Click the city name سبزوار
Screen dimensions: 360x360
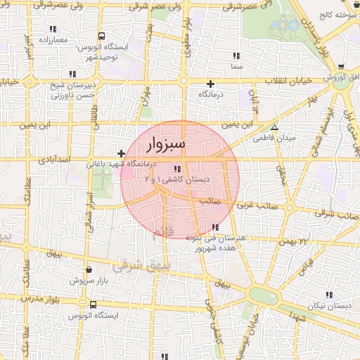point(167,146)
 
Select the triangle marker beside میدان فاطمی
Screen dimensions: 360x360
point(275,128)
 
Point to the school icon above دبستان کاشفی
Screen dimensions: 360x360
point(176,169)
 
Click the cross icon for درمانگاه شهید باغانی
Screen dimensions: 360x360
point(122,153)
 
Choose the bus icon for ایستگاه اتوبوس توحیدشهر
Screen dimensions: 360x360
point(102,36)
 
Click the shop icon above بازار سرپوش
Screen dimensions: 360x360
point(87,269)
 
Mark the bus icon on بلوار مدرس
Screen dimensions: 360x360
point(93,304)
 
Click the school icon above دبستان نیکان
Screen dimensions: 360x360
point(328,294)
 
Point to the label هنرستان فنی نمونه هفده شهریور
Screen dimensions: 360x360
point(213,244)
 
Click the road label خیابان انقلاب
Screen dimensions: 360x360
point(290,81)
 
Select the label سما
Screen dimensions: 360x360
point(236,67)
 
